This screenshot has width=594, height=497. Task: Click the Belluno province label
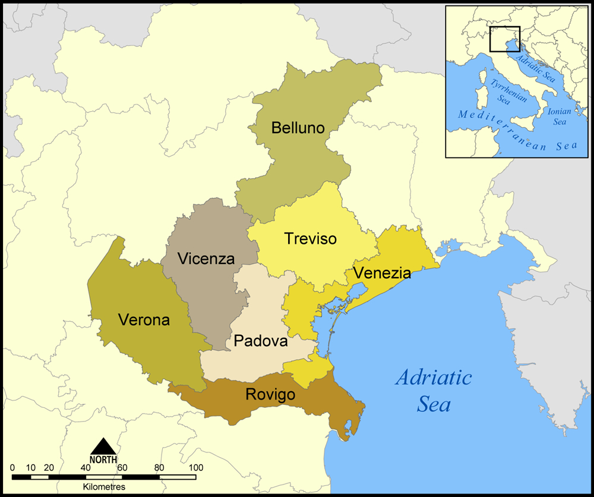(298, 128)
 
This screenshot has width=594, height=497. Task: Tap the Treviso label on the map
(310, 239)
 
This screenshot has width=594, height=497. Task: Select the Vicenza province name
(206, 259)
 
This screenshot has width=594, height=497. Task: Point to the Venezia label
(381, 273)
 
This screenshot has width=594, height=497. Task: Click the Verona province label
(144, 320)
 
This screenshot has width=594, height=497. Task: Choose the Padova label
(260, 341)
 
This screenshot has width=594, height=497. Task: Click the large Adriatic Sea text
(434, 391)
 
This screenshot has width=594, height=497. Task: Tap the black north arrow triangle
(103, 446)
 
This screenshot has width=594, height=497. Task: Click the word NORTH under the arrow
(103, 460)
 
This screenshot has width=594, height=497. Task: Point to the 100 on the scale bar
(195, 467)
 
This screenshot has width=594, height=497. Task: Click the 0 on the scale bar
(12, 467)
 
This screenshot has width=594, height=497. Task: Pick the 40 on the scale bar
(86, 467)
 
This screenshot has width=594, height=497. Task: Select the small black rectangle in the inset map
(505, 39)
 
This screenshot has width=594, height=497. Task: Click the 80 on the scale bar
(159, 467)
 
